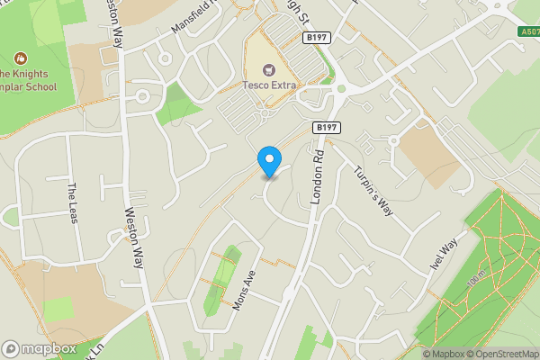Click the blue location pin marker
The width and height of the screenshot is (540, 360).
tap(268, 161)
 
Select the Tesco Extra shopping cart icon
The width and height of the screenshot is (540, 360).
tap(268, 69)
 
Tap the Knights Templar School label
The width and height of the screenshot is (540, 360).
tap(28, 81)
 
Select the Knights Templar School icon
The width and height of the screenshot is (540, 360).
tap(20, 58)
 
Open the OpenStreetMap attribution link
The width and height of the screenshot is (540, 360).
tap(500, 354)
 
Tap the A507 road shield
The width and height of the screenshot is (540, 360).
tap(529, 31)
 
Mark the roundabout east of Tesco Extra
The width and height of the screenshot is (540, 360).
tap(342, 89)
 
